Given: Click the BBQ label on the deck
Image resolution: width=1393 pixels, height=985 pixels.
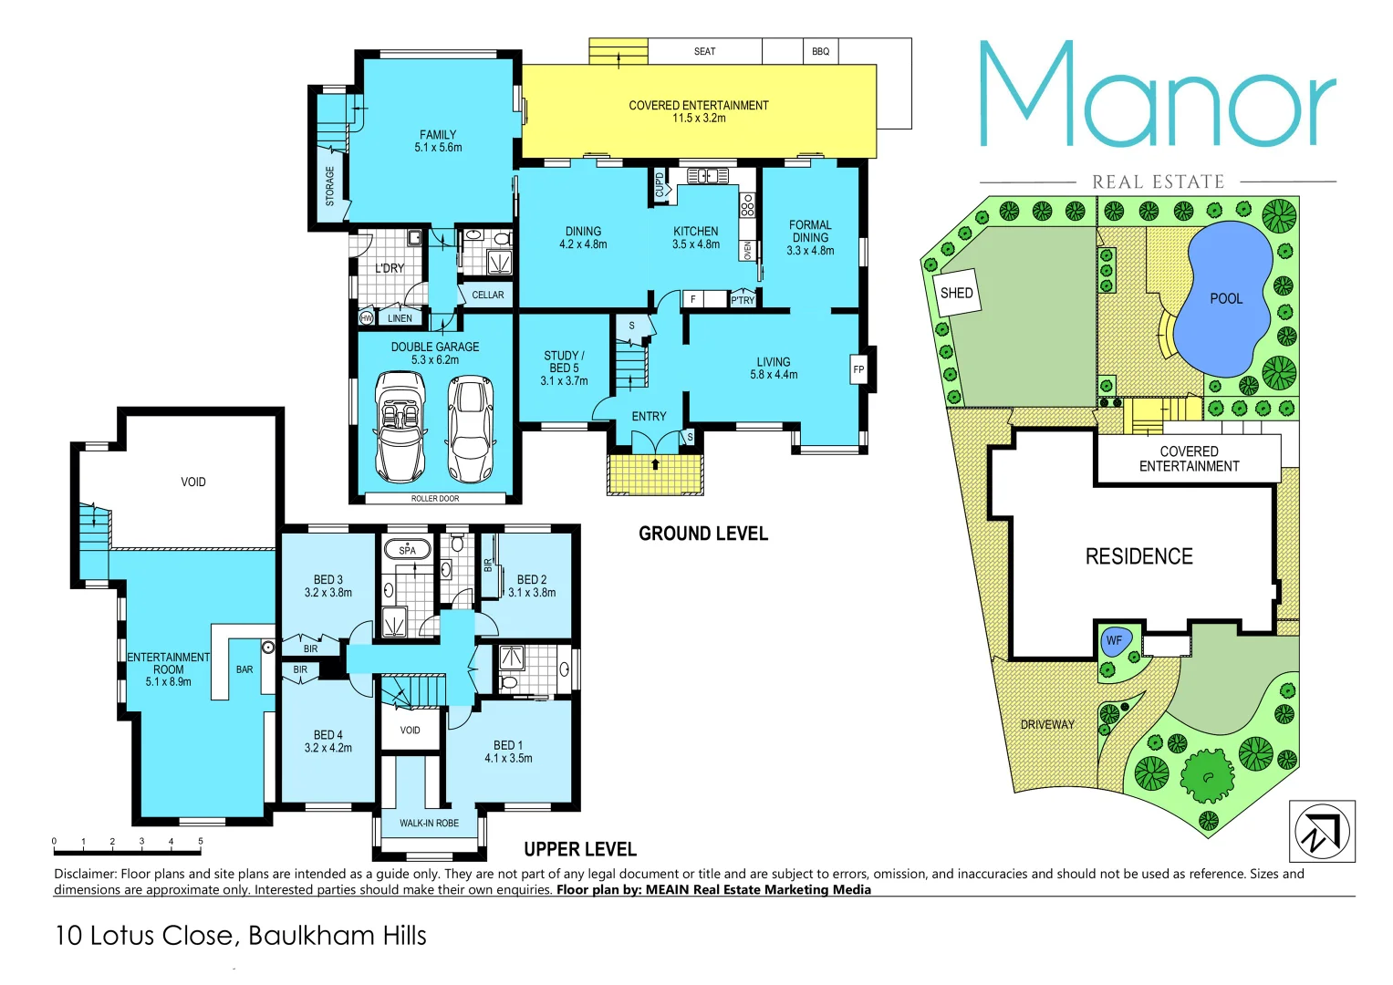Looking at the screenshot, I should [820, 52].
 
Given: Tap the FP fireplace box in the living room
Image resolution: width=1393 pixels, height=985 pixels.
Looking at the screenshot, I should [858, 369].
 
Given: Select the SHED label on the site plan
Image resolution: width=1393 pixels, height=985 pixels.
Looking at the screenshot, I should [956, 293].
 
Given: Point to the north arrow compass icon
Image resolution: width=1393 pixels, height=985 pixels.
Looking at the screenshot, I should [1321, 831].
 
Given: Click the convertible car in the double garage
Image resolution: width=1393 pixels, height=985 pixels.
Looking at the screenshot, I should [400, 426].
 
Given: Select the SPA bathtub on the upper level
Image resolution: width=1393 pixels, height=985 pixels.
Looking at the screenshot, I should [407, 550].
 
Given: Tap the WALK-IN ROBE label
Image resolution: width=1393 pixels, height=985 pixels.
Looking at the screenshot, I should [429, 824].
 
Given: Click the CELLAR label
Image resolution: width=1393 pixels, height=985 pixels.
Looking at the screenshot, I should [487, 295].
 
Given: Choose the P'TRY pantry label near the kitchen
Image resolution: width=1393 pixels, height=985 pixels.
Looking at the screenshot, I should [743, 300].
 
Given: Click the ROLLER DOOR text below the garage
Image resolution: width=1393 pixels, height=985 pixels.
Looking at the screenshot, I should [435, 499].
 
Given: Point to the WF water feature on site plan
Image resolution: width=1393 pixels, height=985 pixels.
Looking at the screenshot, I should [1114, 641].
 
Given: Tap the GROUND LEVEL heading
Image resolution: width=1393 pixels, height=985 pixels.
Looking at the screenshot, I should [702, 534].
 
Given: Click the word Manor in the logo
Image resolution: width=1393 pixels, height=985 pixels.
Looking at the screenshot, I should [1157, 97].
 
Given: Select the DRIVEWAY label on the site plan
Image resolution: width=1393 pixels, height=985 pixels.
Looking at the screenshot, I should [1046, 725].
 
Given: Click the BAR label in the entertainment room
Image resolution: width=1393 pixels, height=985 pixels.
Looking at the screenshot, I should [244, 669].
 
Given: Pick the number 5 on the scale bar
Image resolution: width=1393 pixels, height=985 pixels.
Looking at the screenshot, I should [201, 842].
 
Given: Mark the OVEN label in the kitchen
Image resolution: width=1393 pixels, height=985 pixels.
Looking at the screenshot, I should [748, 250].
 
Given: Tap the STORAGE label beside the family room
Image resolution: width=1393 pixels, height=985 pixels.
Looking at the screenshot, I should [330, 185].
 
